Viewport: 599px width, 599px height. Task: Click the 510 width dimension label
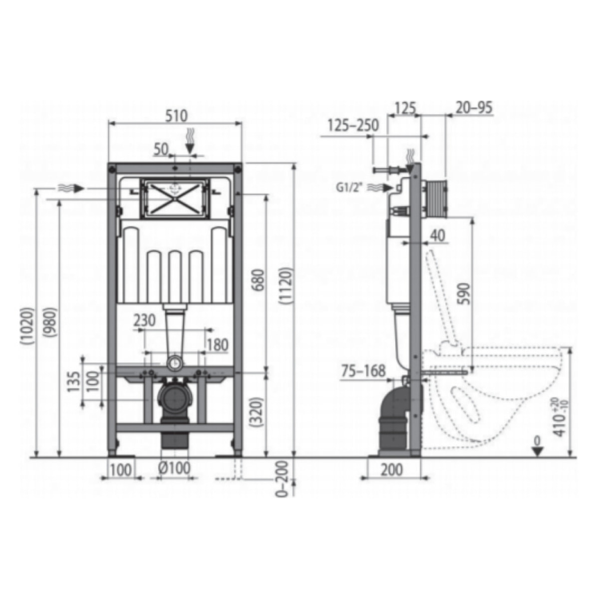coord(175,116)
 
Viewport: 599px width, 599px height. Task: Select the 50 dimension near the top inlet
coord(160,149)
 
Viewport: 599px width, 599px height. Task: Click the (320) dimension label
coord(256,410)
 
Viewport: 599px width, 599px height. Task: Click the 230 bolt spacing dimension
coord(144,319)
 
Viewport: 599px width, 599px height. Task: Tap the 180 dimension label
coord(217,344)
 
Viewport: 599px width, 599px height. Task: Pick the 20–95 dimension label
coord(474,107)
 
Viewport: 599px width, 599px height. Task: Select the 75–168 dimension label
coord(363,370)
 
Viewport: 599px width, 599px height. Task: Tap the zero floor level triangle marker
coord(537,450)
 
